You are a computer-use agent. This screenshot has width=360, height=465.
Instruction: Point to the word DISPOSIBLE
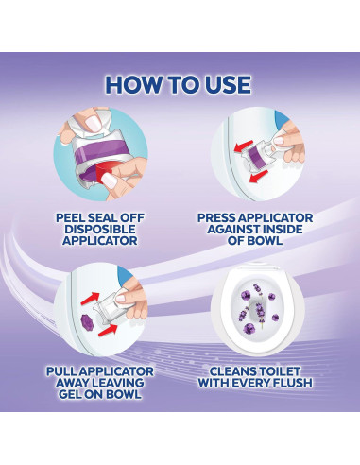[x=100, y=229]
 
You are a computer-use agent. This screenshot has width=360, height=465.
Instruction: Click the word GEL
[x=70, y=394]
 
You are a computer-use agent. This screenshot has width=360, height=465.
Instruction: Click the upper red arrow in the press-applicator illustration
[x=244, y=146]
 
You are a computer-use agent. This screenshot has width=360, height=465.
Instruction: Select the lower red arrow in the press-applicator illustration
[x=258, y=177]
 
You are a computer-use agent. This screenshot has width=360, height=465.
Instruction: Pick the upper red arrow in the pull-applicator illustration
[x=91, y=299]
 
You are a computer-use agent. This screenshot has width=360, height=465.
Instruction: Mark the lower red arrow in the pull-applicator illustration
[x=108, y=330]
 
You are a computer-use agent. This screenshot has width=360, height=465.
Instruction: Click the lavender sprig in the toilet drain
[x=259, y=310]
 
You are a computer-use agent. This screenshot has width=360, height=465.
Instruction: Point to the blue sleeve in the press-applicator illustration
[x=281, y=118]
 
